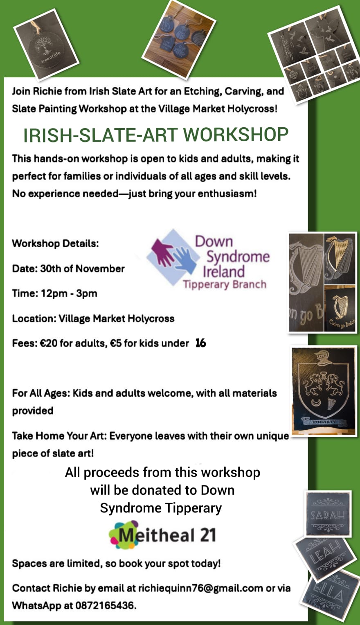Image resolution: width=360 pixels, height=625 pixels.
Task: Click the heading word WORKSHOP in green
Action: [236, 135]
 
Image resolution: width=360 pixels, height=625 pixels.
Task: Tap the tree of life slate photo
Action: [46, 45]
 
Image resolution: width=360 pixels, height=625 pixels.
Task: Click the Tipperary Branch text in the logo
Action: [225, 284]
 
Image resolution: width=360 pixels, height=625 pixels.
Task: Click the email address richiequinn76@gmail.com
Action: [200, 588]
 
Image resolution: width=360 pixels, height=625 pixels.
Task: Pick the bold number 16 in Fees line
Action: [201, 343]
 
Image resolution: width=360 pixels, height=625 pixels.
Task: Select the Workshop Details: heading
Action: [56, 244]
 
